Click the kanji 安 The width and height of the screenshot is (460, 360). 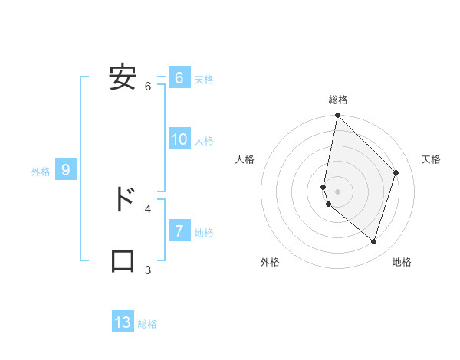click(123, 78)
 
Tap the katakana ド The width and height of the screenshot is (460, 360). click(123, 200)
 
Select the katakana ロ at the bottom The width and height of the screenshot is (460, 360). click(123, 261)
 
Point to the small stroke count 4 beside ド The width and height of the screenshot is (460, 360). click(148, 208)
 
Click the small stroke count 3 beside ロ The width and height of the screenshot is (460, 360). click(148, 270)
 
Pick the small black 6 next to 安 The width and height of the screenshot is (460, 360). click(148, 87)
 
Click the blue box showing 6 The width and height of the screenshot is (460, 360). click(179, 78)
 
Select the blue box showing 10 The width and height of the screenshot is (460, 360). click(179, 139)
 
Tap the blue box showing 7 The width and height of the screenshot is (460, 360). click(179, 231)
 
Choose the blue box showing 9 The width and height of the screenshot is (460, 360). click(66, 170)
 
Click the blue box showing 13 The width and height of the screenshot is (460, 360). click(123, 322)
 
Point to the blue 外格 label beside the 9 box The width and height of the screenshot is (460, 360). click(41, 172)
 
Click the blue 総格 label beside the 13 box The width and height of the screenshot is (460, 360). click(147, 324)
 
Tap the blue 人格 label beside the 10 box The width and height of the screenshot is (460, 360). click(204, 141)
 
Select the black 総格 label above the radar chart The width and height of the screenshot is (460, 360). click(338, 100)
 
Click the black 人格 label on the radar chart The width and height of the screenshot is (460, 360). click(245, 159)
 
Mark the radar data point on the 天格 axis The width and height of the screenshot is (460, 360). click(396, 172)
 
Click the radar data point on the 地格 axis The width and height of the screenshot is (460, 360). click(374, 241)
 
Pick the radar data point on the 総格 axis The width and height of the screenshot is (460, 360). click(337, 116)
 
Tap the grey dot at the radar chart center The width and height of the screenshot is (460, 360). click(337, 191)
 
